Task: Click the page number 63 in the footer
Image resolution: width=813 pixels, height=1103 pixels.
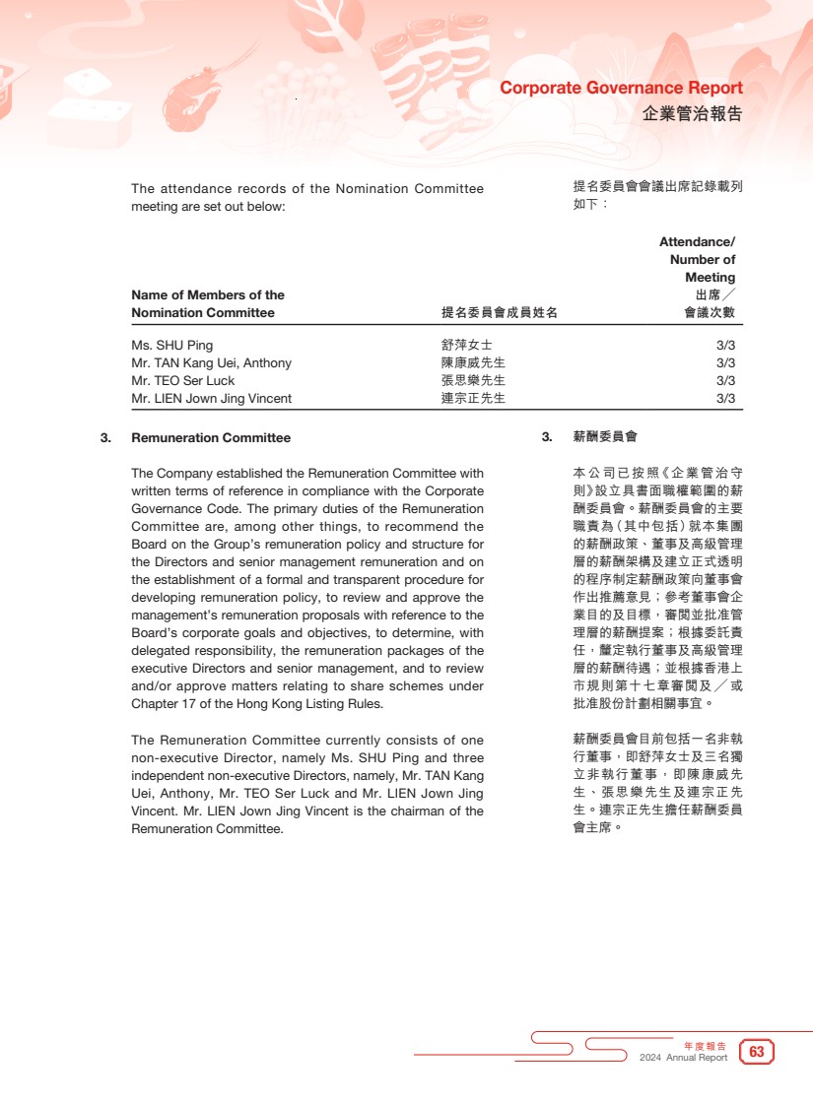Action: tap(757, 1052)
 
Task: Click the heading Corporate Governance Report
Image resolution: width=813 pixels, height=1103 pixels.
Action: tap(621, 88)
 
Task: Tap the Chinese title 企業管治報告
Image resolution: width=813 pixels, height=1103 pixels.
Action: tap(692, 113)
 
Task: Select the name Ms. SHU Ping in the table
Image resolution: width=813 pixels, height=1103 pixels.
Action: tap(171, 346)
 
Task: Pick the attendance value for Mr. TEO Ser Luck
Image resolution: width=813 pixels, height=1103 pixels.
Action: tap(725, 381)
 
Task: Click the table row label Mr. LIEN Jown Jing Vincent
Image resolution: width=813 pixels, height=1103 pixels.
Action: tap(211, 399)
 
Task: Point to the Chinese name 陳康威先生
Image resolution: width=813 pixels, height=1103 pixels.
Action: tap(473, 363)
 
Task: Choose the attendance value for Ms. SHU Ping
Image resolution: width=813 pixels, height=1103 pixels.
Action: tap(725, 346)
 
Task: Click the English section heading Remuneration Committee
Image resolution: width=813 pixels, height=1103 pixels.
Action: tap(211, 438)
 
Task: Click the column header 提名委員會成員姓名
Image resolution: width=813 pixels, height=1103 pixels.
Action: tap(499, 313)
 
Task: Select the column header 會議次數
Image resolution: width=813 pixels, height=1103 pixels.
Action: tap(710, 313)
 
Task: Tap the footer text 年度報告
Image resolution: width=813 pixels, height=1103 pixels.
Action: tap(705, 1045)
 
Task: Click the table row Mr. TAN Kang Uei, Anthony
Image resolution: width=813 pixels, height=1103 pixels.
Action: tap(211, 363)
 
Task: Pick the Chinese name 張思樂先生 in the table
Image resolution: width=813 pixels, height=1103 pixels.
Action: tap(473, 381)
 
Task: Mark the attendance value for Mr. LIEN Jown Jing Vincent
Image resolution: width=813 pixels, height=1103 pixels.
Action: tap(725, 399)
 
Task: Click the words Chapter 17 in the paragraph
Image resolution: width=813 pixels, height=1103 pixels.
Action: tap(165, 704)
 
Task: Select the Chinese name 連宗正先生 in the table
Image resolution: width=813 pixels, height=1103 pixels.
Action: tap(473, 399)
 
